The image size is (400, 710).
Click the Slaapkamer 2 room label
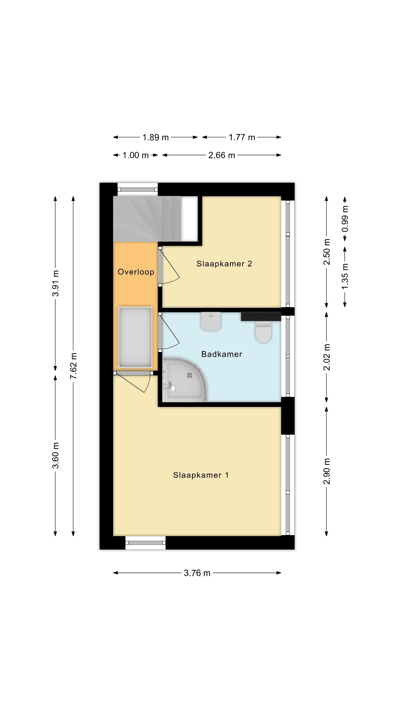click(x=224, y=264)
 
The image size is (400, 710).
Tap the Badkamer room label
click(x=222, y=354)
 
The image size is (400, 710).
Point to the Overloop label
click(x=136, y=272)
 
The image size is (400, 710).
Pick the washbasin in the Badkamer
click(x=211, y=321)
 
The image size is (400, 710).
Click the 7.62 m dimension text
click(x=74, y=366)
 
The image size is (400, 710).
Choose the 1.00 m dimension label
click(x=136, y=155)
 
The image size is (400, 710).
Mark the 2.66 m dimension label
click(x=222, y=155)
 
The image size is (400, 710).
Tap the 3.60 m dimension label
click(x=56, y=455)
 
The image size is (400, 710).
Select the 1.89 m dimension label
click(x=155, y=137)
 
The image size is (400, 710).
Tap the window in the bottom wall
click(x=146, y=542)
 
